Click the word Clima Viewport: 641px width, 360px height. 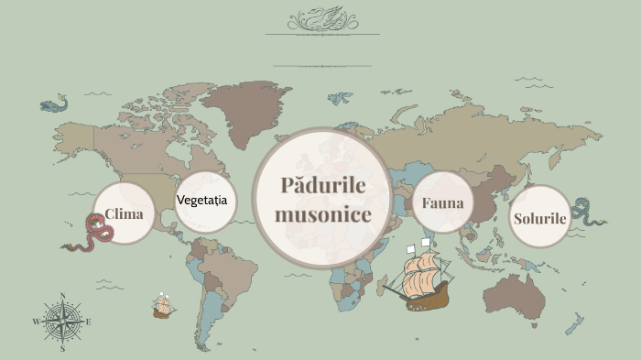(x=124, y=213)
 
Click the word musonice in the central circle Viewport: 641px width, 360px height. (x=322, y=215)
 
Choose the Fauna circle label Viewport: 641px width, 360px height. (x=443, y=203)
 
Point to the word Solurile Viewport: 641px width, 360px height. (x=540, y=219)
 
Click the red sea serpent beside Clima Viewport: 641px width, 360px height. (x=94, y=233)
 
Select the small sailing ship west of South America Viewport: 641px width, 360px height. (x=164, y=306)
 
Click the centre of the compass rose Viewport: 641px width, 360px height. (x=62, y=322)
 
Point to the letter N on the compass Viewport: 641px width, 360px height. (x=62, y=295)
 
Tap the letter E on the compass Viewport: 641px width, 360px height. (x=88, y=322)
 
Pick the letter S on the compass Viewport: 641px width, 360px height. (x=62, y=348)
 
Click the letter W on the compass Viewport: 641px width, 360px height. (x=37, y=322)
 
